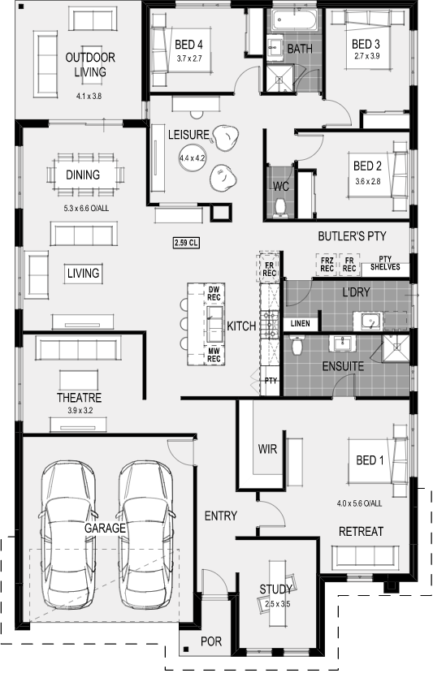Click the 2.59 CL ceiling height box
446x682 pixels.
[186, 243]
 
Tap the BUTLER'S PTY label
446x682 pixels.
[352, 236]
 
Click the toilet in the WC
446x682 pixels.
[280, 208]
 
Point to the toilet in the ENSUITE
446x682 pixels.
[297, 345]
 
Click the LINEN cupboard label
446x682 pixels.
[301, 323]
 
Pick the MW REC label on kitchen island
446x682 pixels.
[214, 355]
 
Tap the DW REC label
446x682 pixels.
[214, 294]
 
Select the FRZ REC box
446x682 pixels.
[327, 265]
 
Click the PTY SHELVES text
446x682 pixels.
[385, 263]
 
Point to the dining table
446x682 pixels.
[85, 175]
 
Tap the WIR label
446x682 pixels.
[267, 449]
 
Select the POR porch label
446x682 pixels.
[211, 641]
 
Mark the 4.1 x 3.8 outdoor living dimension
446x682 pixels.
[89, 96]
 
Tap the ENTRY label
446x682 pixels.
[221, 516]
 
